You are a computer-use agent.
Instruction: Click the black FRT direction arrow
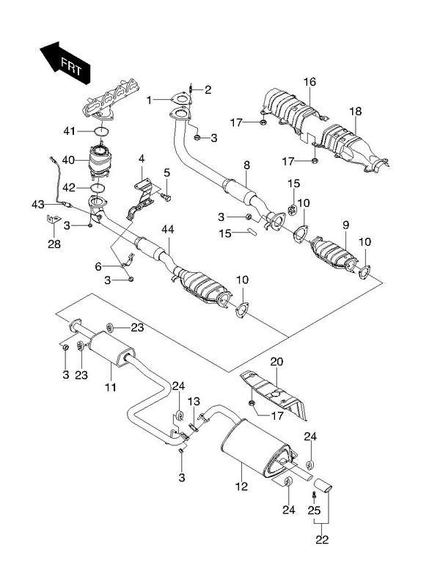[66, 62]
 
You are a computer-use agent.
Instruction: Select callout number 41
[69, 131]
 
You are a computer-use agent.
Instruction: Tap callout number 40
[68, 160]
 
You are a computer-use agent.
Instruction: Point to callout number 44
[168, 229]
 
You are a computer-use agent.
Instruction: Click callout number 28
[54, 244]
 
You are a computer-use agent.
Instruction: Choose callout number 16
[310, 81]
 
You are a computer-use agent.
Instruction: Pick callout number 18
[356, 111]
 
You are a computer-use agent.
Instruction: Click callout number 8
[246, 165]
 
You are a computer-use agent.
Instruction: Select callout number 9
[345, 225]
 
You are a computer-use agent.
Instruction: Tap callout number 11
[111, 387]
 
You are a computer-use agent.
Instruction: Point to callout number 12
[242, 486]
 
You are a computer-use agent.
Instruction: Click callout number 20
[277, 362]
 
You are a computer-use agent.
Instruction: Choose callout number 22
[322, 539]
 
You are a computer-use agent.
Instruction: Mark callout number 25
[315, 509]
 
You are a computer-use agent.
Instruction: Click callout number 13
[194, 401]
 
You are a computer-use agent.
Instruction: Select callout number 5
[166, 172]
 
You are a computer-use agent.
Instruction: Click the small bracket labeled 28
[53, 219]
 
